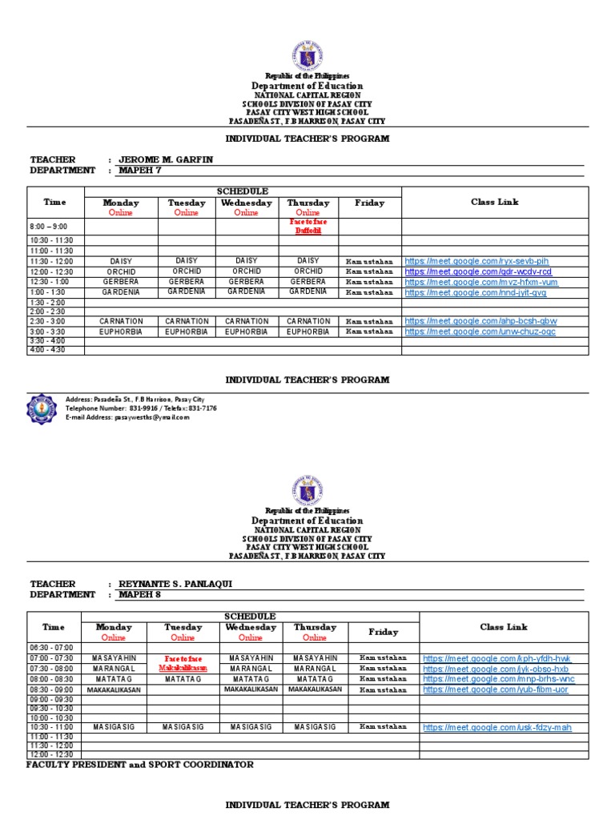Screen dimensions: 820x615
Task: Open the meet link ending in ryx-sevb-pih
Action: tap(476, 261)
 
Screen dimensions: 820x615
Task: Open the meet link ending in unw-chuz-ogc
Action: tap(480, 332)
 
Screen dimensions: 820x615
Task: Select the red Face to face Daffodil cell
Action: tap(307, 227)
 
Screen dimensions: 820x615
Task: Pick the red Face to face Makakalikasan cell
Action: tap(183, 663)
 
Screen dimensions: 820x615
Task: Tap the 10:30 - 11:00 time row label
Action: tap(52, 727)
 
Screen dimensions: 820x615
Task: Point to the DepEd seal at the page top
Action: tap(307, 56)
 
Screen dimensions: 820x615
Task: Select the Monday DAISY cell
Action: tap(121, 261)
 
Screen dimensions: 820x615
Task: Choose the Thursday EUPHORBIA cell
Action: tap(307, 331)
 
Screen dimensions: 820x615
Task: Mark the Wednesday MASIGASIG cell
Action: tap(251, 727)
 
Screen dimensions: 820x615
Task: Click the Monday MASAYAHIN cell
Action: tap(114, 658)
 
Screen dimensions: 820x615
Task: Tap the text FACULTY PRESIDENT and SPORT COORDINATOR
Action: tap(139, 765)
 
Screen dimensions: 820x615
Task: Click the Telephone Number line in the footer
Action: tap(141, 408)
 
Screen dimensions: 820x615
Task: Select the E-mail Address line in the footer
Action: tap(127, 417)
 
